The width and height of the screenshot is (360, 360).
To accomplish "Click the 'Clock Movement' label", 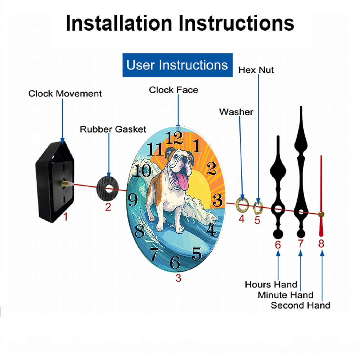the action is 65,94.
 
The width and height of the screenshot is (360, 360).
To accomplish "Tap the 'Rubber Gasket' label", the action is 113,129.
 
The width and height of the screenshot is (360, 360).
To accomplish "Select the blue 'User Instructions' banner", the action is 177,65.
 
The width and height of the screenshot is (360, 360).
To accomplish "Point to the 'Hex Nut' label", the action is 256,70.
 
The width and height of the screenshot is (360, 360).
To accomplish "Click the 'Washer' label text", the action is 236,112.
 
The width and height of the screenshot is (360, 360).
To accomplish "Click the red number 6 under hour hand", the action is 278,245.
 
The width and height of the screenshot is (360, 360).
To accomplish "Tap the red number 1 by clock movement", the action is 66,217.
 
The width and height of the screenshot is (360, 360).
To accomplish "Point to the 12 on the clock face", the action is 174,138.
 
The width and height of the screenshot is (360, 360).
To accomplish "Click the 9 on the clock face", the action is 133,199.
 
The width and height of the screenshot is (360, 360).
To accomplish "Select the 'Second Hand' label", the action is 301,305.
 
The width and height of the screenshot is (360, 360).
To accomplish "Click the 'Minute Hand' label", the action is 285,295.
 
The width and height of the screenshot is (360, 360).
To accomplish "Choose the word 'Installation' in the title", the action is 119,23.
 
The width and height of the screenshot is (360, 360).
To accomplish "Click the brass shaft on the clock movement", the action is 66,184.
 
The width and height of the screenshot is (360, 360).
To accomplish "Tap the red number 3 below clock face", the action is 179,278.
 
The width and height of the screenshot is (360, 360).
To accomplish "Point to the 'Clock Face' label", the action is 174,90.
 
